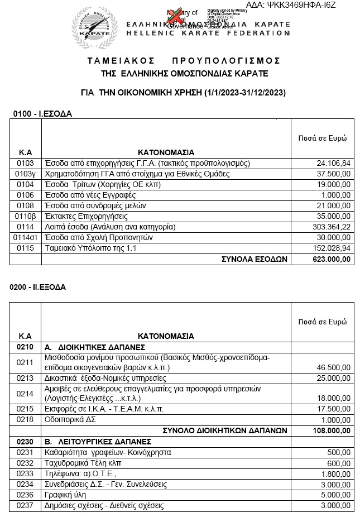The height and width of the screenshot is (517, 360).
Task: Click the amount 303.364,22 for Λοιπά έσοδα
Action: click(x=331, y=227)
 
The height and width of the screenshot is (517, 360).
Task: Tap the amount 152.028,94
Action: click(x=331, y=248)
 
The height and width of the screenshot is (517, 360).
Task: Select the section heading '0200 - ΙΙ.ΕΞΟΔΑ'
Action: click(x=38, y=288)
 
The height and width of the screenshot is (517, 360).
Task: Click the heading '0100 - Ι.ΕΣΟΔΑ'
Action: click(x=42, y=113)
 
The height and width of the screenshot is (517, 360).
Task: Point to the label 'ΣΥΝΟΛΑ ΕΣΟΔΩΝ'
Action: click(x=254, y=258)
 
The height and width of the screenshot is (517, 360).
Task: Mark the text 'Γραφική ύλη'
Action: click(x=64, y=495)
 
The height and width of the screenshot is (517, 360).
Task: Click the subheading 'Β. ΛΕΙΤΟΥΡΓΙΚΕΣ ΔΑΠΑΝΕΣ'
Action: click(x=90, y=441)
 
